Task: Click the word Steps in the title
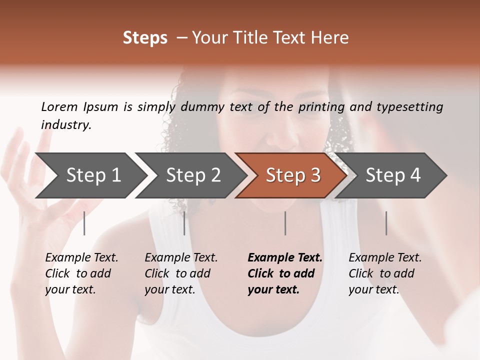(x=145, y=38)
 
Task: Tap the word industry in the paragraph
(x=66, y=125)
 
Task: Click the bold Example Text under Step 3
(x=285, y=258)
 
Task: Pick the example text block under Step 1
(x=81, y=273)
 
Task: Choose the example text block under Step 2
(x=181, y=273)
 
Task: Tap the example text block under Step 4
(x=385, y=273)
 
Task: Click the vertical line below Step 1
(x=84, y=223)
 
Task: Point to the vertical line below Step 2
(x=184, y=223)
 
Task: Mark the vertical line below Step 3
(x=285, y=223)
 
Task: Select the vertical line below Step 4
(x=386, y=223)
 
